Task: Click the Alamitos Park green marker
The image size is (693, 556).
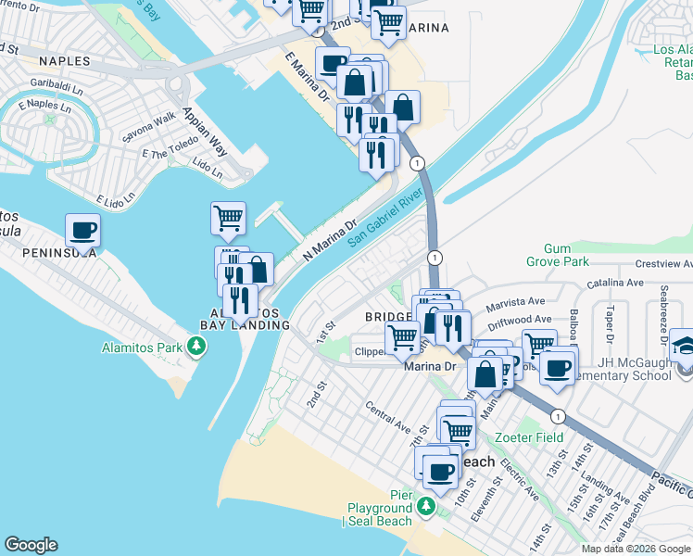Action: pos(195,347)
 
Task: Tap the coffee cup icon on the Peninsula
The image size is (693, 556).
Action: pos(82,230)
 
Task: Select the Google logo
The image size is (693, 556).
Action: pos(31,545)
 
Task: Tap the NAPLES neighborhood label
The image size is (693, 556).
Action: pos(65,61)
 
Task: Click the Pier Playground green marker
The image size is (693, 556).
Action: pos(425,506)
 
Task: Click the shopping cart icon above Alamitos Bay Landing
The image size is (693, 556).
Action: pos(228,218)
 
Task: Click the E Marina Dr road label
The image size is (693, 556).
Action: pos(308,82)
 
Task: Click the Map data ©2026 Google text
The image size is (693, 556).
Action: pos(636,549)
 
